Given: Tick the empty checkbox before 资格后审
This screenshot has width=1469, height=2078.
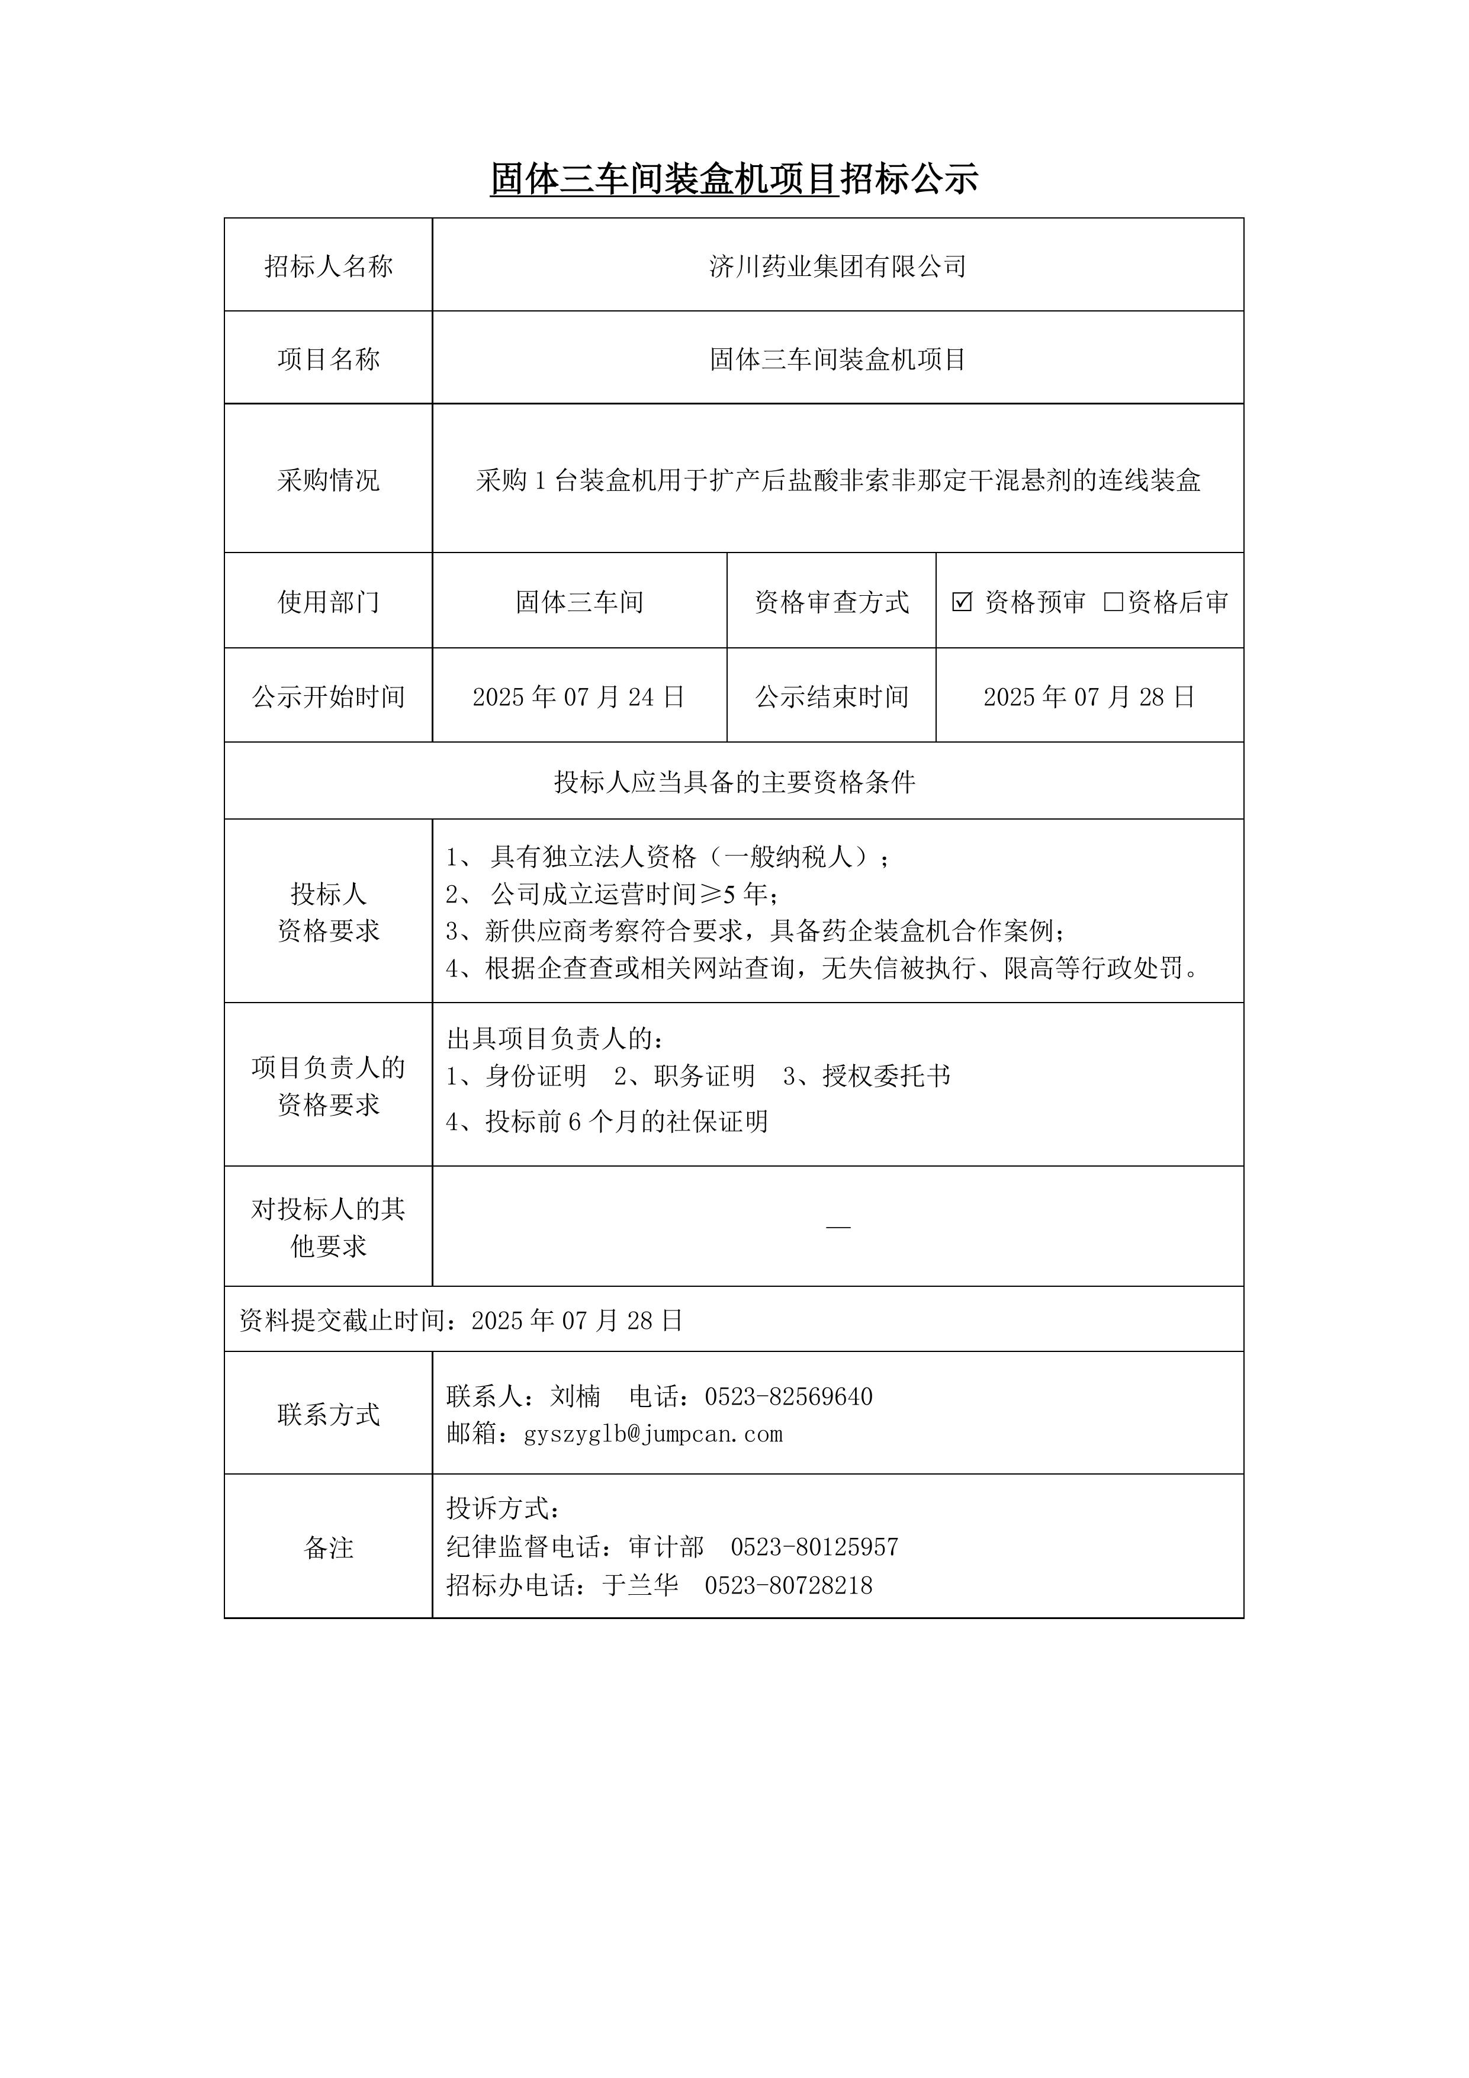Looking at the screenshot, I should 1113,602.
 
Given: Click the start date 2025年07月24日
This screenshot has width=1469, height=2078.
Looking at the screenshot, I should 578,697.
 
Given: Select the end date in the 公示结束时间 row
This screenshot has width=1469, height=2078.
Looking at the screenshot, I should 1089,697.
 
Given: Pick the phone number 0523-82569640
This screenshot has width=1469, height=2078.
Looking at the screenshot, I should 788,1396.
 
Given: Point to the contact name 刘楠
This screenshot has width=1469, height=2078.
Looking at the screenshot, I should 575,1396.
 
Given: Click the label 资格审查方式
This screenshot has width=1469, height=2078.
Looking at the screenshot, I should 831,602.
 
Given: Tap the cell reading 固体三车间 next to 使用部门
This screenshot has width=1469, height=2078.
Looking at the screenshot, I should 578,602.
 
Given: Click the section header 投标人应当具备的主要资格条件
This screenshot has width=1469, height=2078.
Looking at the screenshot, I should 734,782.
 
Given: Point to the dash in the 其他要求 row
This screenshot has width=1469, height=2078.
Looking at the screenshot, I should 838,1227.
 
